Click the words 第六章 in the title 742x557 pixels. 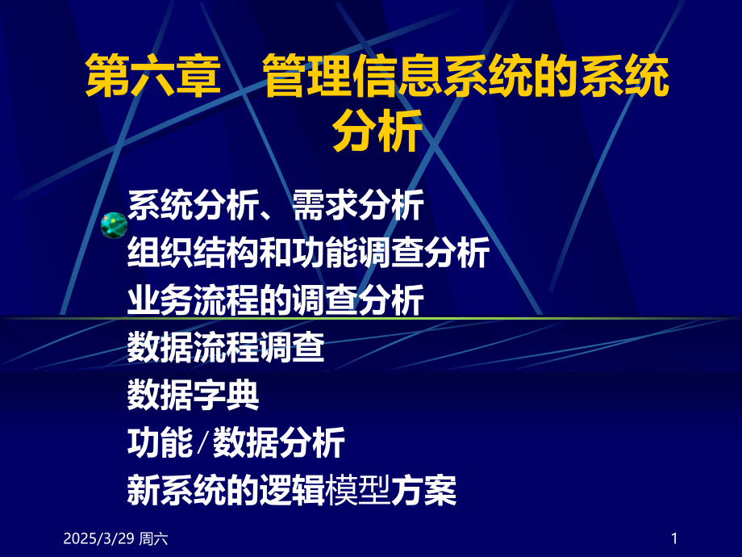tap(153, 79)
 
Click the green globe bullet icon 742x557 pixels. tap(113, 225)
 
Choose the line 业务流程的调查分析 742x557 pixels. tap(275, 301)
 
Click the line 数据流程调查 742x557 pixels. tap(226, 348)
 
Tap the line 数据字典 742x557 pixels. tap(193, 395)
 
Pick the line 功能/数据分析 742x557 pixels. tap(236, 442)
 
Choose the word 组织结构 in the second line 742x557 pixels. tap(193, 254)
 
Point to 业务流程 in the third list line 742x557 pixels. tap(193, 301)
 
